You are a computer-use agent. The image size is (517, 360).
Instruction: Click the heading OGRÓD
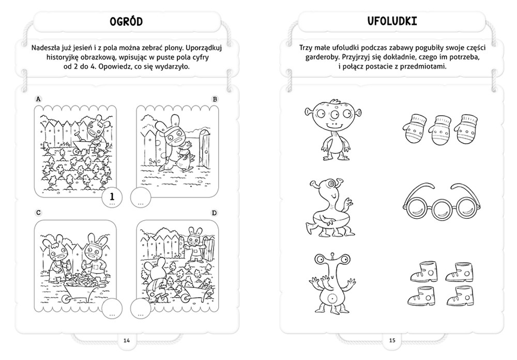click(x=126, y=22)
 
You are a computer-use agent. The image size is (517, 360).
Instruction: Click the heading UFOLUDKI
click(x=392, y=21)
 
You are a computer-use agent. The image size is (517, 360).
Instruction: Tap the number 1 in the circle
click(x=112, y=197)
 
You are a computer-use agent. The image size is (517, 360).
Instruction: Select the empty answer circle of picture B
click(x=141, y=197)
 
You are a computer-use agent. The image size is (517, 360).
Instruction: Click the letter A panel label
click(x=38, y=99)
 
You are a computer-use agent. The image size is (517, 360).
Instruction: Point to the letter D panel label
click(x=215, y=213)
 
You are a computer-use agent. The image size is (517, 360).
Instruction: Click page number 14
click(x=127, y=340)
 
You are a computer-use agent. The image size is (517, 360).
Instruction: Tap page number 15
click(x=392, y=340)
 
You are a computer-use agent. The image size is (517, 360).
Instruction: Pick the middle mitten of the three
click(x=441, y=130)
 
